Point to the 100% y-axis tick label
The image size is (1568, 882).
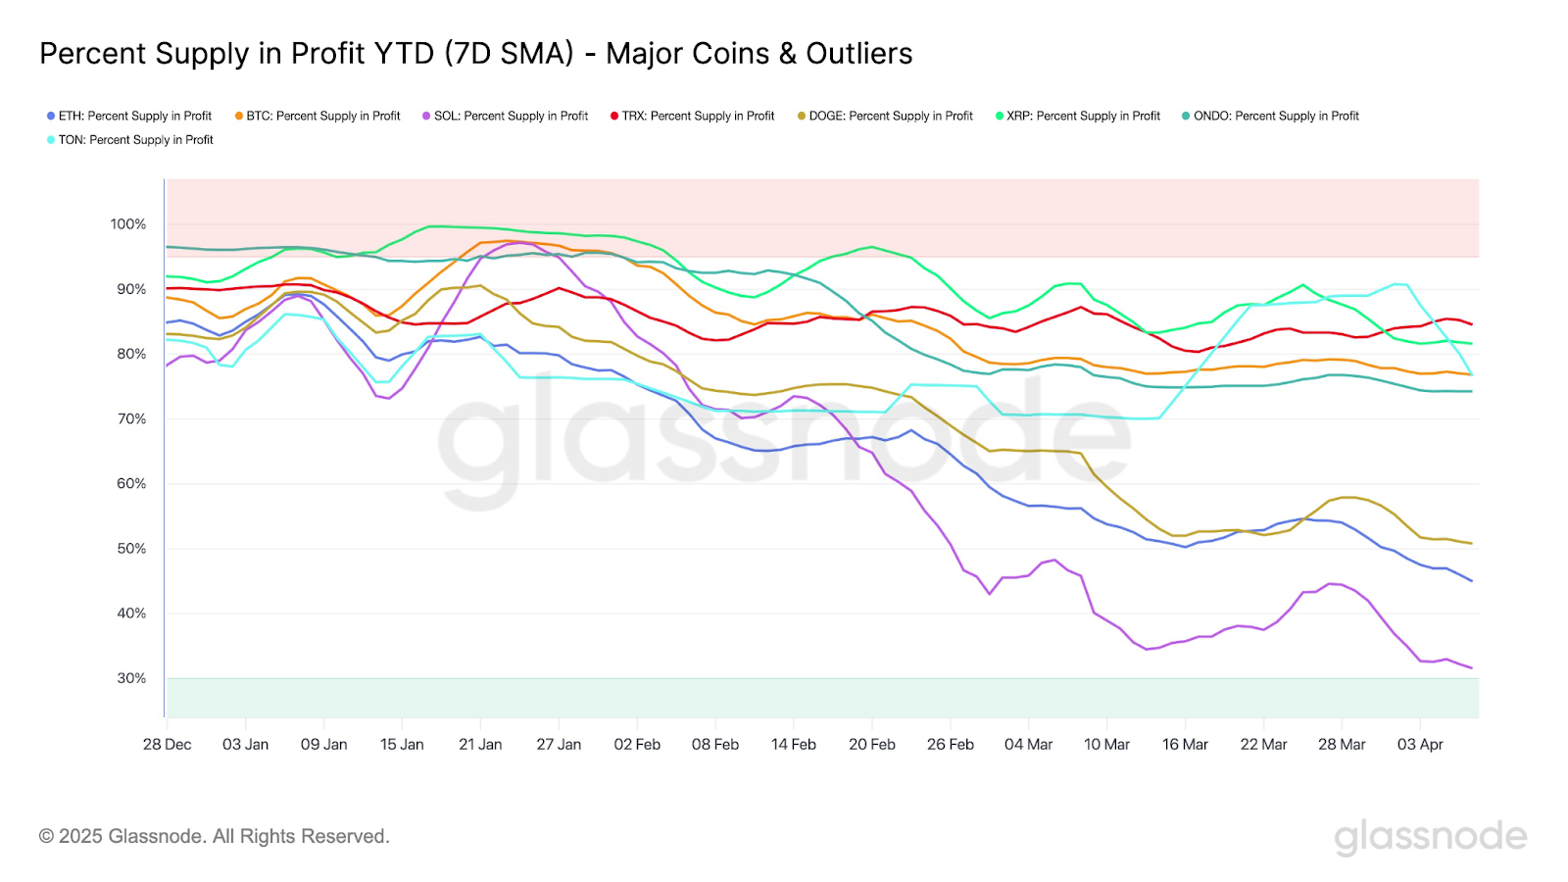(128, 224)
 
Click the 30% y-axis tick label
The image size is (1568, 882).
(131, 678)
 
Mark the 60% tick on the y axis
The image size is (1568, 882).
(131, 484)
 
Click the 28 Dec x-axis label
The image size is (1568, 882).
(168, 745)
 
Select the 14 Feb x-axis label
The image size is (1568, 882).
(794, 745)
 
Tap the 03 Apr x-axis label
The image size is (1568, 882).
(1420, 745)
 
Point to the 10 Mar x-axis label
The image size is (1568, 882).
(1106, 745)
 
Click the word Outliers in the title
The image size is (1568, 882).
(859, 54)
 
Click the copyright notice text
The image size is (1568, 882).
(215, 836)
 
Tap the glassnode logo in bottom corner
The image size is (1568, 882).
(1430, 836)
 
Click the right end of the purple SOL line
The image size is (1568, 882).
(1471, 668)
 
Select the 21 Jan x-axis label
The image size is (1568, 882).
(480, 745)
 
